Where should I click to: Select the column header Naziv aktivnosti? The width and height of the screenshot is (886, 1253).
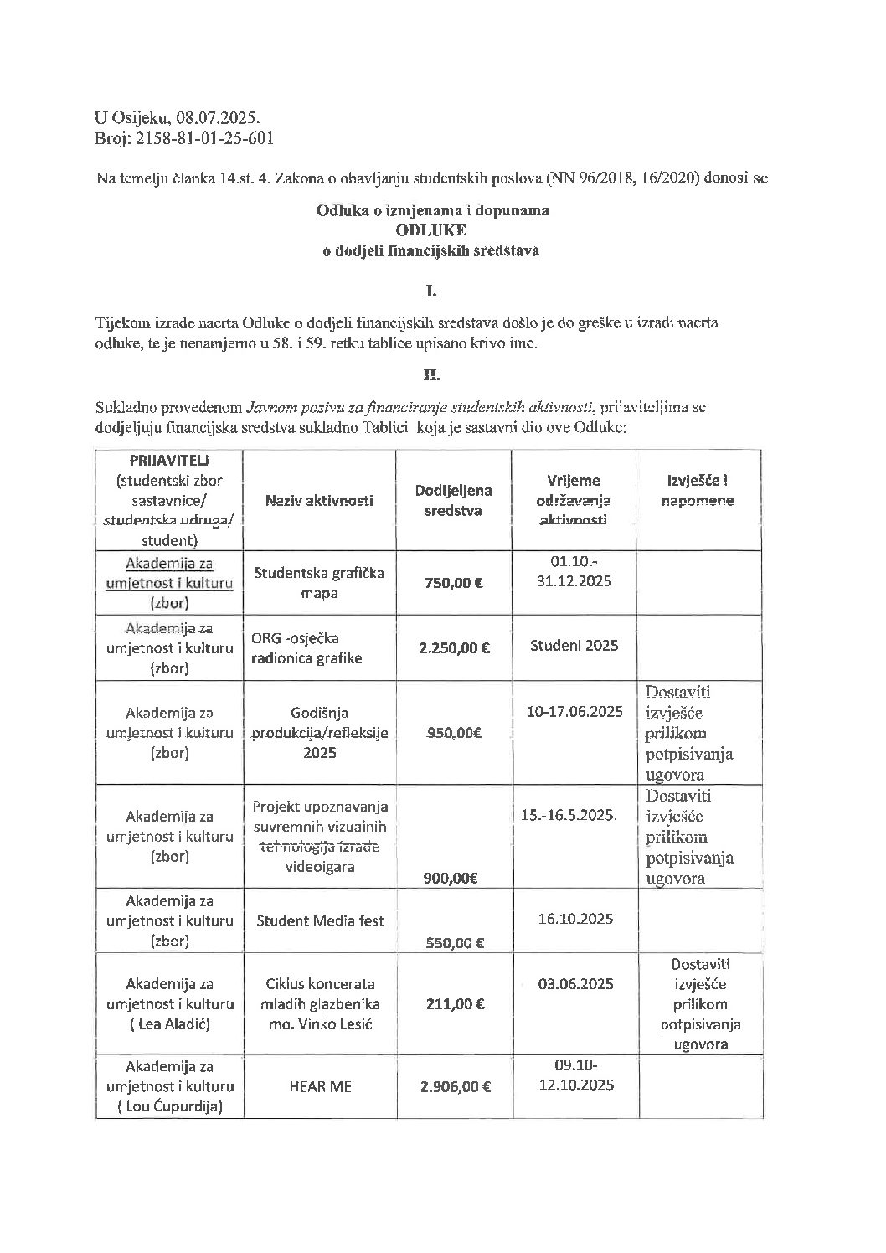pos(319,500)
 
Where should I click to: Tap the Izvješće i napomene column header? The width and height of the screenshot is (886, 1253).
pos(698,491)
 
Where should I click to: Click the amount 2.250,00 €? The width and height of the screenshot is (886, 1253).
pos(455,645)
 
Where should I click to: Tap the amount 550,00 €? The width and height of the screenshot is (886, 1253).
pos(455,943)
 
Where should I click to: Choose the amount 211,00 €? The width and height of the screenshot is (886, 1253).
pos(455,1003)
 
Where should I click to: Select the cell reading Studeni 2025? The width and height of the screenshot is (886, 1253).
pos(574,645)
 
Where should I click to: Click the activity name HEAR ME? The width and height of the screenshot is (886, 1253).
pos(319,1086)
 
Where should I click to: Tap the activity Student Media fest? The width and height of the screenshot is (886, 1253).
pos(319,920)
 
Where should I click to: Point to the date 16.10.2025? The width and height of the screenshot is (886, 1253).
pos(574,919)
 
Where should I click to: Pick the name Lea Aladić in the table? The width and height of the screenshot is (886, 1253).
pos(173,1024)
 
